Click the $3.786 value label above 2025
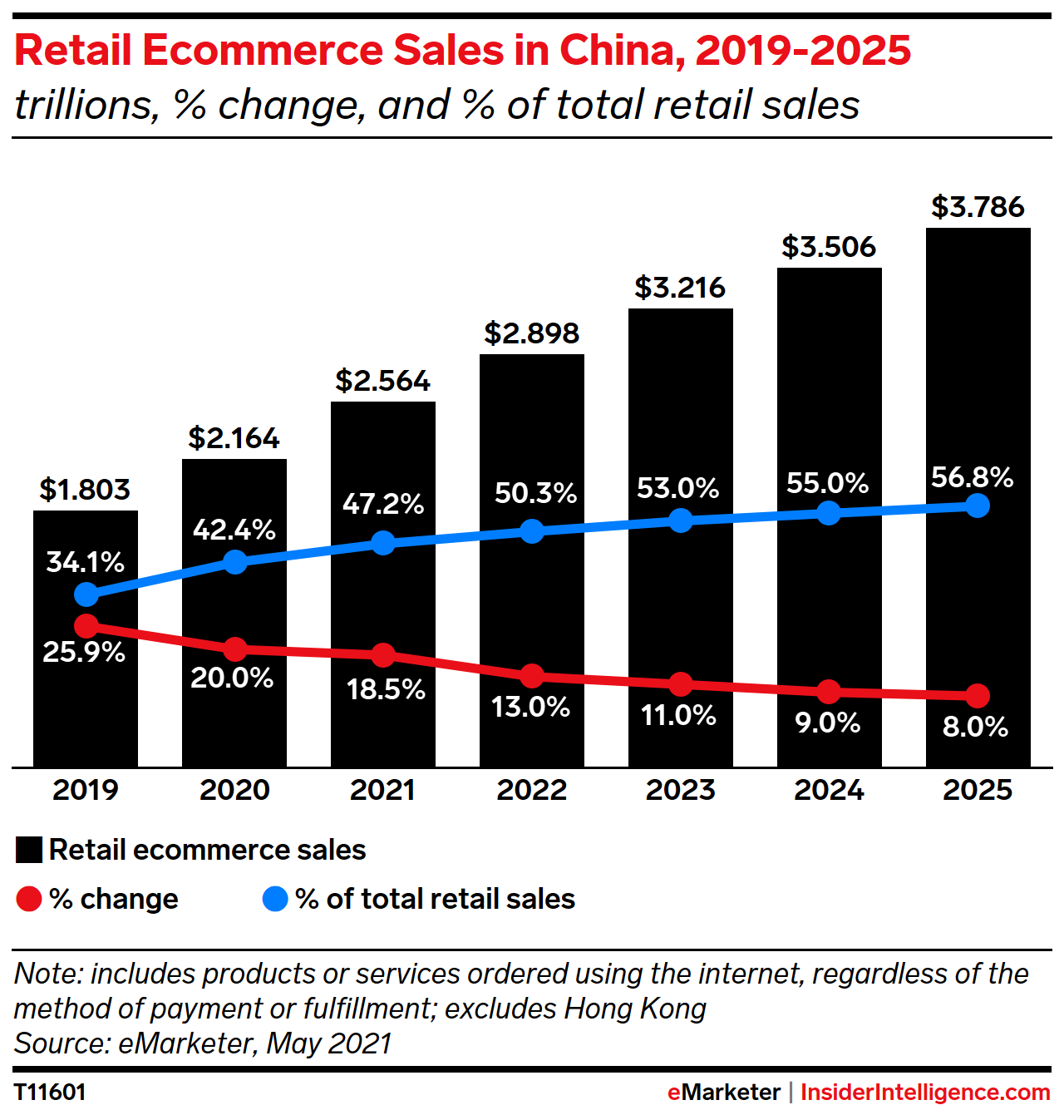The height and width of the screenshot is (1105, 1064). coord(978,207)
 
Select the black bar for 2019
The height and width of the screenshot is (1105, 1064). coord(86,715)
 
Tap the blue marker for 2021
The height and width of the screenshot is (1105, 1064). coord(383,543)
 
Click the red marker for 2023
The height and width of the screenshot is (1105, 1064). coord(681,684)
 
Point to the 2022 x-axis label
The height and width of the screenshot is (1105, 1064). coord(532,790)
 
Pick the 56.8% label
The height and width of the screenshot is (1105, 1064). coord(972,477)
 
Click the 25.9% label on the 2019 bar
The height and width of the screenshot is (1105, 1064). coord(84,652)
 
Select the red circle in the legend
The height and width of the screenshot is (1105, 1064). coord(29,899)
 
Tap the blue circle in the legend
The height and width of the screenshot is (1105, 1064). coord(275,899)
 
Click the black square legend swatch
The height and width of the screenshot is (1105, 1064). coord(29,850)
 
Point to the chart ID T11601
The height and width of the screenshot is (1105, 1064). coord(50,1092)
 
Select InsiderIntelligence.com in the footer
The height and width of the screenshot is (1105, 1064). coord(925,1092)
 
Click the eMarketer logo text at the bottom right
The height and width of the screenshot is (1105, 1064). coord(723,1092)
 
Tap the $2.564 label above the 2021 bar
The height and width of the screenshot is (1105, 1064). coord(383,381)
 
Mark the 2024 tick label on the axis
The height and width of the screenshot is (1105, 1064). coord(829,790)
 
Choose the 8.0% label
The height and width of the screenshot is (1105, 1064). coord(975,728)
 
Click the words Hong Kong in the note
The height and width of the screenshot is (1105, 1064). coord(635,1009)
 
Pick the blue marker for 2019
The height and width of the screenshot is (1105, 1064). coord(86,594)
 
